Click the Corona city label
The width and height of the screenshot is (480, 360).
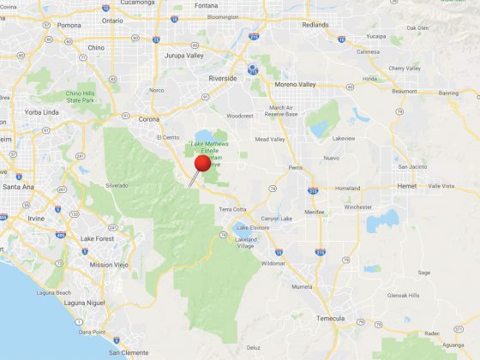pyautogui.click(x=149, y=119)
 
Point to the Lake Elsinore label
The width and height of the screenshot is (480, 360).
pyautogui.click(x=253, y=228)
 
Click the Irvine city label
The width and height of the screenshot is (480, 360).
pyautogui.click(x=35, y=219)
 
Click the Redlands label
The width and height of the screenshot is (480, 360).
pyautogui.click(x=315, y=25)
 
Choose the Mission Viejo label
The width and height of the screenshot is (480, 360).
pyautogui.click(x=109, y=265)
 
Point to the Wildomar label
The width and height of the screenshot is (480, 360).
pyautogui.click(x=273, y=263)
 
